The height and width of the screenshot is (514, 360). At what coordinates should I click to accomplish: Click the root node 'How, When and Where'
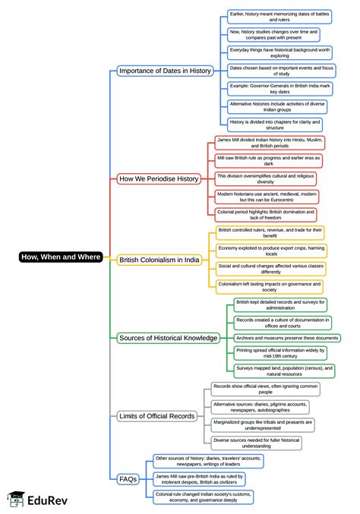pyautogui.click(x=60, y=257)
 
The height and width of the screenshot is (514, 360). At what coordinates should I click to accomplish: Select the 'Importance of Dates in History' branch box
pyautogui.click(x=165, y=71)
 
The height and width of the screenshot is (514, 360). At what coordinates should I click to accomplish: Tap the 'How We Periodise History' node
pyautogui.click(x=159, y=179)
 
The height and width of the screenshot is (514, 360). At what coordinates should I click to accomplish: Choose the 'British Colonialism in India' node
pyautogui.click(x=160, y=259)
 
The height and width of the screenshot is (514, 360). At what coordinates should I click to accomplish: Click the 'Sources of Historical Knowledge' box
pyautogui.click(x=168, y=338)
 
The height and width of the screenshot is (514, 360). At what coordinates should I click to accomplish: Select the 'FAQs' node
pyautogui.click(x=128, y=479)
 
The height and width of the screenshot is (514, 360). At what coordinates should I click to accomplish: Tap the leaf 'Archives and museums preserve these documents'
pyautogui.click(x=286, y=338)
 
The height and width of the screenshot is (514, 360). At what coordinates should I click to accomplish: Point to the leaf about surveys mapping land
pyautogui.click(x=283, y=371)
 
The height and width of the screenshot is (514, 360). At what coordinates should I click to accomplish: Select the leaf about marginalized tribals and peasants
pyautogui.click(x=263, y=424)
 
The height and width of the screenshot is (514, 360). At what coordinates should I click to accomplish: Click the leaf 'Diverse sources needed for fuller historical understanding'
pyautogui.click(x=257, y=443)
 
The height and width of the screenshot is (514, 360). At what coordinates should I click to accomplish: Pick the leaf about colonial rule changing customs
pyautogui.click(x=204, y=497)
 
